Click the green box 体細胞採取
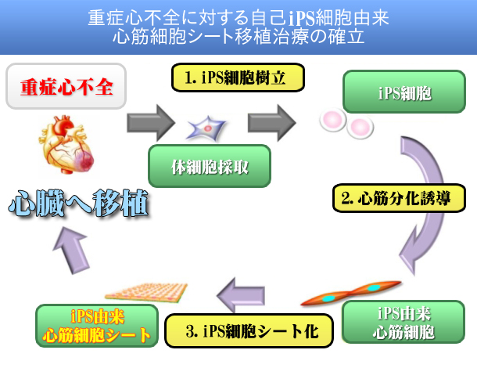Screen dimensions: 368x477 pyautogui.click(x=210, y=166)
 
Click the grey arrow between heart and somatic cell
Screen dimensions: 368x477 pyautogui.click(x=151, y=121)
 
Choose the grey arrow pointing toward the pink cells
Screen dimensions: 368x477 pyautogui.click(x=271, y=121)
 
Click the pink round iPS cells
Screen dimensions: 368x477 pyautogui.click(x=346, y=123)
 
